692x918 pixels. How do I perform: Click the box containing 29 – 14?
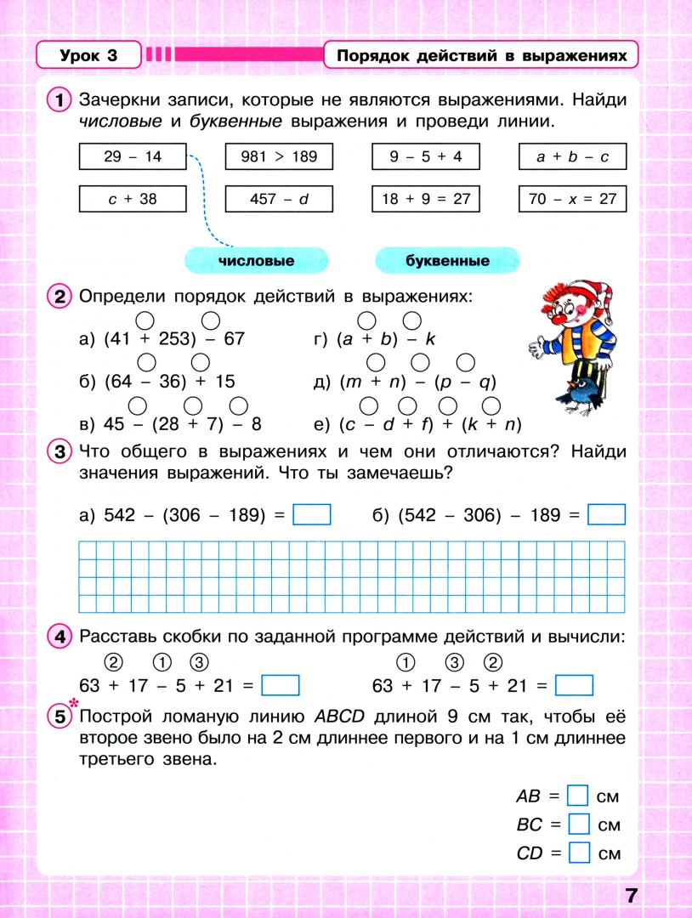(132, 157)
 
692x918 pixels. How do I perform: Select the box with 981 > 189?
(279, 157)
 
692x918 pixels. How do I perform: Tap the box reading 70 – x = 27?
(572, 199)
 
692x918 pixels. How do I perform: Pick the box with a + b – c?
(572, 157)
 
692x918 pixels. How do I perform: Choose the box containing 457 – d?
(279, 199)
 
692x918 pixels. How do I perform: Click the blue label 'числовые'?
(256, 261)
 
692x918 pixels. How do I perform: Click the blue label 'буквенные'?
(447, 261)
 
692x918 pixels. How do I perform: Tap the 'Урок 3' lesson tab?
(88, 56)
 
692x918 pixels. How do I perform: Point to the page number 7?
(631, 894)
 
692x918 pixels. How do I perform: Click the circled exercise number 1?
(59, 100)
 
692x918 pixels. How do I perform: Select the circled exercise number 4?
(59, 637)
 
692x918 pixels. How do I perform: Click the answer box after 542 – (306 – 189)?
(311, 515)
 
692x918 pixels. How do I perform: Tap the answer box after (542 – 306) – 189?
(606, 515)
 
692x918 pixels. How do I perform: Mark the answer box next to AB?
(578, 796)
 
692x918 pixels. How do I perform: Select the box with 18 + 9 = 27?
(425, 199)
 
